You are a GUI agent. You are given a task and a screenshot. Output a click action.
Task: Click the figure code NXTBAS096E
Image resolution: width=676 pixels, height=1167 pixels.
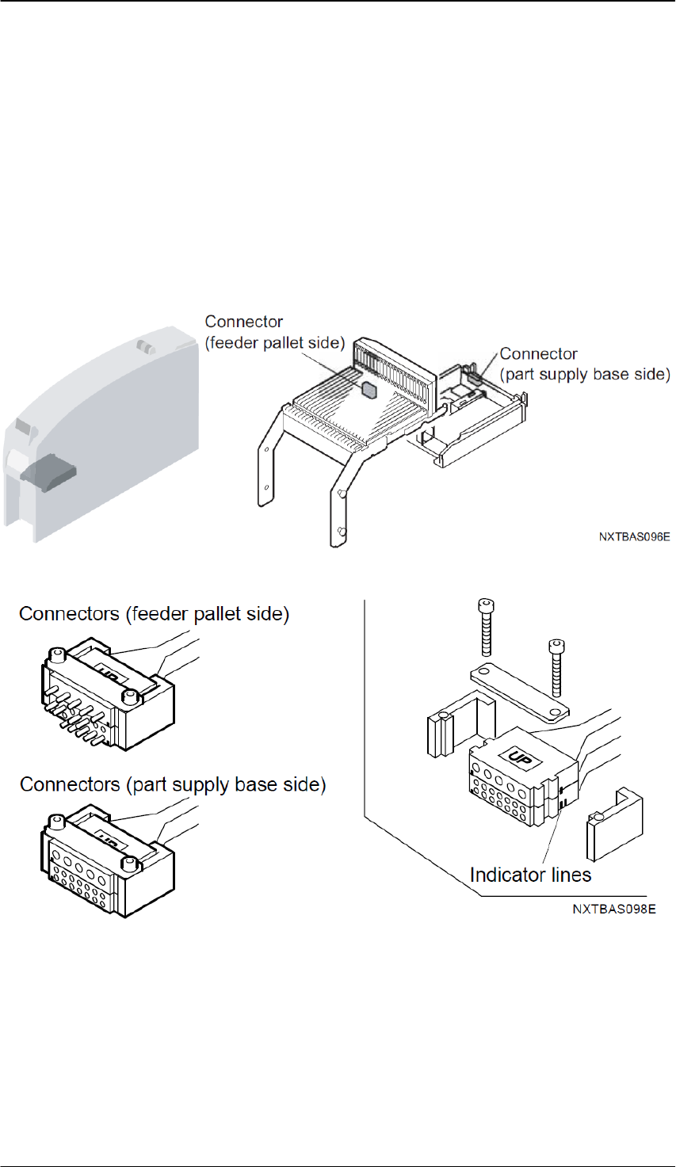(634, 536)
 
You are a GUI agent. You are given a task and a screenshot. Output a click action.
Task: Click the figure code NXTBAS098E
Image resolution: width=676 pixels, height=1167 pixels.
(614, 909)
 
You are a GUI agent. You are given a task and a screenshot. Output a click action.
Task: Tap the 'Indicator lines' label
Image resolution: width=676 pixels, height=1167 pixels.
(531, 875)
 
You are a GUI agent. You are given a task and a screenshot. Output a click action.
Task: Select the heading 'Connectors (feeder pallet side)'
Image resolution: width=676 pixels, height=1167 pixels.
(155, 614)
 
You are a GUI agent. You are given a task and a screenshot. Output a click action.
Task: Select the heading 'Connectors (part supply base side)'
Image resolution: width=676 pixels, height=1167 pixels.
(173, 784)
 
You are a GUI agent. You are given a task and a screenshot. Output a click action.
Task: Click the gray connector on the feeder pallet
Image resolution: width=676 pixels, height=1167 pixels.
(369, 389)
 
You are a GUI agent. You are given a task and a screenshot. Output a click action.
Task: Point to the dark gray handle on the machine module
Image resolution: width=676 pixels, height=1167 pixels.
(48, 472)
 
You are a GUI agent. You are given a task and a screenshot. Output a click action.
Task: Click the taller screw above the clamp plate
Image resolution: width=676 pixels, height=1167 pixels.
(486, 627)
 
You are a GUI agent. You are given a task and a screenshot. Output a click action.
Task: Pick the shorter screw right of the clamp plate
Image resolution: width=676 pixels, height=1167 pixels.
(556, 668)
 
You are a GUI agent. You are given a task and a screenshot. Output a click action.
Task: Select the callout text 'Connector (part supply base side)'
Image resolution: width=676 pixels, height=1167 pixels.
(585, 364)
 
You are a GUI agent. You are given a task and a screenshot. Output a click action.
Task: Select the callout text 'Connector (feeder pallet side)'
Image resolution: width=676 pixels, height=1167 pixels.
(275, 333)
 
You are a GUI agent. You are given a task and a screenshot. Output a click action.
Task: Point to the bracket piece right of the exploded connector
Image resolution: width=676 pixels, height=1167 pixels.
(615, 824)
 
